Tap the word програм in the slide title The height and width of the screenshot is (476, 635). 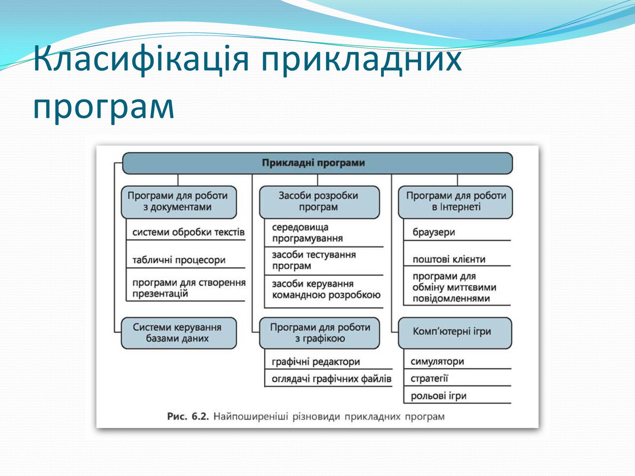(x=104, y=107)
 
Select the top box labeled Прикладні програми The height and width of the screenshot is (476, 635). (x=317, y=163)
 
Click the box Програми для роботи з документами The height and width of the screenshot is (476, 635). (x=179, y=202)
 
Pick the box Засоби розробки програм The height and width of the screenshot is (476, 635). (x=319, y=202)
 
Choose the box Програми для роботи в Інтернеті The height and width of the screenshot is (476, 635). (x=455, y=202)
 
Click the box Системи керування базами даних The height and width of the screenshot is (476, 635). (x=179, y=333)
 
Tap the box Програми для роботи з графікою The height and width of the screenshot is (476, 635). (x=319, y=333)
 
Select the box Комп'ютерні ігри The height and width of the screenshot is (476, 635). (x=455, y=333)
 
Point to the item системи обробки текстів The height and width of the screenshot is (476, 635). (x=189, y=232)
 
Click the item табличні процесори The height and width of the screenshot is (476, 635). (x=179, y=260)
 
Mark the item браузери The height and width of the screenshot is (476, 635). (x=434, y=232)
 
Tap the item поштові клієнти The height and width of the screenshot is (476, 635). (x=449, y=259)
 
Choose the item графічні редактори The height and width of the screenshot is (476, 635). (x=316, y=361)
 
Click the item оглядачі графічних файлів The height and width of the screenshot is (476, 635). (x=331, y=378)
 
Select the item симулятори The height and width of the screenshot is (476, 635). (x=437, y=361)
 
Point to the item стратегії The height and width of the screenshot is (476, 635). (x=429, y=378)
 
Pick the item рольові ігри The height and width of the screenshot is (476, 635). (x=439, y=395)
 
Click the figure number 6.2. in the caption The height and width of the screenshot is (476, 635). (x=200, y=416)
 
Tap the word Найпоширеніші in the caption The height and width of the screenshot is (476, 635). (x=250, y=416)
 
